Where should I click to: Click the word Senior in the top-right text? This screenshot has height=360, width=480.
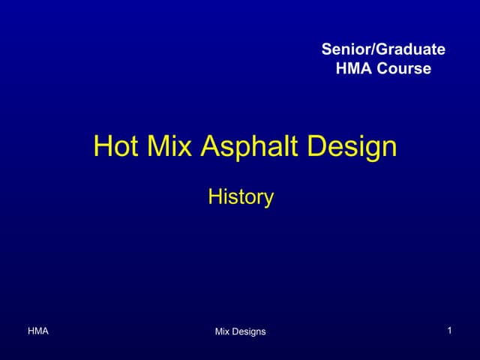click(x=343, y=49)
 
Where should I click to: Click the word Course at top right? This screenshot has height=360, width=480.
click(x=405, y=69)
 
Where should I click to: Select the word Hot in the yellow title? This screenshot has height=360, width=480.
click(x=114, y=146)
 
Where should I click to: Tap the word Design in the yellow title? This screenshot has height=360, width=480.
click(x=353, y=146)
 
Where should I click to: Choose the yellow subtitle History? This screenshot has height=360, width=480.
click(x=241, y=197)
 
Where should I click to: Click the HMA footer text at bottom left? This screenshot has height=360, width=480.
click(x=38, y=331)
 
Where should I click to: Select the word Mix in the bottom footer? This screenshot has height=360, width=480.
click(x=223, y=331)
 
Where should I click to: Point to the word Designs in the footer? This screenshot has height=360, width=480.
click(x=250, y=331)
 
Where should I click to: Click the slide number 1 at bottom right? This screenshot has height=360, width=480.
click(x=448, y=331)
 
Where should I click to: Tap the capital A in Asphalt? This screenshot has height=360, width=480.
click(x=210, y=146)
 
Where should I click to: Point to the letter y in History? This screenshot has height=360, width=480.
click(x=268, y=199)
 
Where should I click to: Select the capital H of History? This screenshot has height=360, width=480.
click(x=214, y=197)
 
